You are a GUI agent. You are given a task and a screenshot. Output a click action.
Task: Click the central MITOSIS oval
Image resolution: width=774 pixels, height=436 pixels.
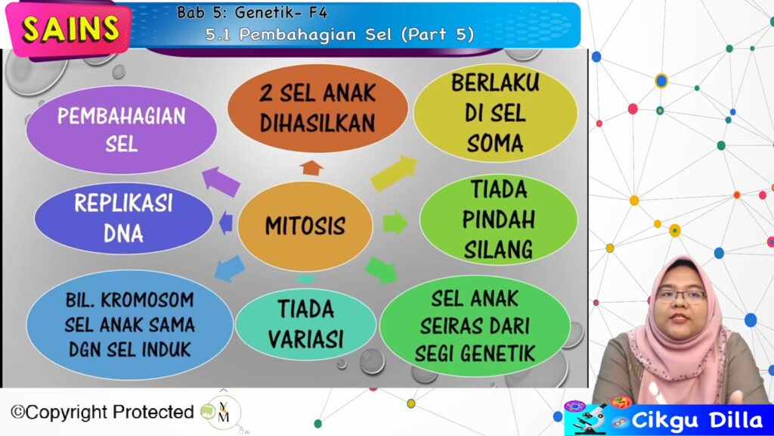305,226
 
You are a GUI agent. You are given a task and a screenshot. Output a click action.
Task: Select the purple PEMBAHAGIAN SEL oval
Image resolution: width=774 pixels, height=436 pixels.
122,129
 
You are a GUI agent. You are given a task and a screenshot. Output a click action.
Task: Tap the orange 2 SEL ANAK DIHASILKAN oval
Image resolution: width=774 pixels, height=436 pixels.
317,108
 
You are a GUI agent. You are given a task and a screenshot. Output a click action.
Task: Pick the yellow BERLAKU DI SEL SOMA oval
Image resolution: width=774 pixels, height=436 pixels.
495,113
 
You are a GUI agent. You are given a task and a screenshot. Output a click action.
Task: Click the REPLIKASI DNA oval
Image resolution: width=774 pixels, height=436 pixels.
123,218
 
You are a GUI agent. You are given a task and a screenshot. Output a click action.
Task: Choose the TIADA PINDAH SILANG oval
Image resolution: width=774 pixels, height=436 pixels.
499,220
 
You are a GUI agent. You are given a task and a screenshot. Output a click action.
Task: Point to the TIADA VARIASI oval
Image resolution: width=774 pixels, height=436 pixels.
305,324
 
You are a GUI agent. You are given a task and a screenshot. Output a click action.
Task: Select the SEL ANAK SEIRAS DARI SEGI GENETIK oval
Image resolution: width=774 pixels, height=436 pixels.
475,325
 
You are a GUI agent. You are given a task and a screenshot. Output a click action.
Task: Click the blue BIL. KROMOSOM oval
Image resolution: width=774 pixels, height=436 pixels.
129,325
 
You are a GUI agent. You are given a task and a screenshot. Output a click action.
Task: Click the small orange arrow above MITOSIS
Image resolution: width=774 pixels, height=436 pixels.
311,167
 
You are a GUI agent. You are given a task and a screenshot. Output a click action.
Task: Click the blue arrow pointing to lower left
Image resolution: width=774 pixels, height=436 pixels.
230,269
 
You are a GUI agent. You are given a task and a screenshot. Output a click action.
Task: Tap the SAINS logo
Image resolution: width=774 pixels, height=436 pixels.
69,29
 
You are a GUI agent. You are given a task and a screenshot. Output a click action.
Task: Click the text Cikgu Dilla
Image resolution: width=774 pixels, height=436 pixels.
697,420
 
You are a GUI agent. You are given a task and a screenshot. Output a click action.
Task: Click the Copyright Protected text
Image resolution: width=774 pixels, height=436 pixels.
102,412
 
